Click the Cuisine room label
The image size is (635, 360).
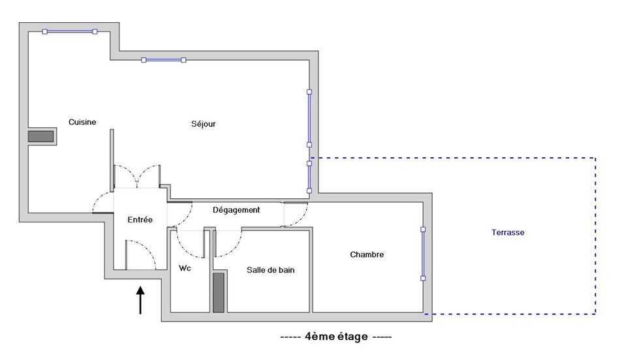click(82, 122)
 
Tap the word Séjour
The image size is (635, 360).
click(204, 124)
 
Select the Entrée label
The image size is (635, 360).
click(140, 220)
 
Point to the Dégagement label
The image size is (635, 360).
click(236, 210)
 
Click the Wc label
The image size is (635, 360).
click(185, 268)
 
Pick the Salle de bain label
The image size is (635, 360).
click(271, 270)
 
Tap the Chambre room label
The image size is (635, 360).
click(367, 254)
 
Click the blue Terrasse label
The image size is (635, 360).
click(508, 233)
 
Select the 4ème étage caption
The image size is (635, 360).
click(336, 337)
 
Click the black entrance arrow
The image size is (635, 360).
click(140, 300)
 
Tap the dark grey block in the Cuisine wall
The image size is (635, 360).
click(40, 136)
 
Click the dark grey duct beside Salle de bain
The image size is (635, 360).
click(219, 292)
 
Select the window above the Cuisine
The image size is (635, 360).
click(70, 31)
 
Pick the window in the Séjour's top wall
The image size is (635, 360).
click(164, 60)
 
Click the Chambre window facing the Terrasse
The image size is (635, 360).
click(423, 254)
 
